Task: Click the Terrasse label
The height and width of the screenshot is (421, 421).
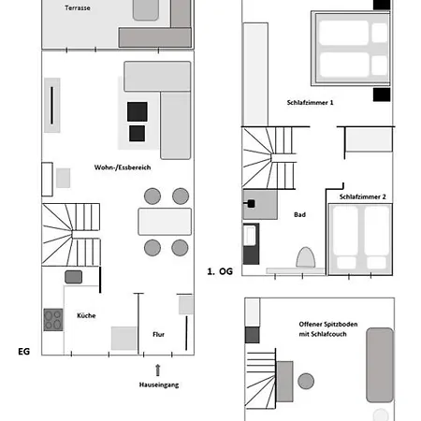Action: point(78,7)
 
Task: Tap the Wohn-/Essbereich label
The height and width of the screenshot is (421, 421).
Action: point(123,167)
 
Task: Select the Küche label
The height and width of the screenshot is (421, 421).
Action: point(86,315)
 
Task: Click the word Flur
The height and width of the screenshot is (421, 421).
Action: point(158,334)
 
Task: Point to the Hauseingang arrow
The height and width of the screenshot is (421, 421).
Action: point(158,370)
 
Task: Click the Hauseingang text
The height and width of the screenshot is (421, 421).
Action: point(159,385)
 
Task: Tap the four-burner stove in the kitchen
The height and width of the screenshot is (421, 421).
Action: point(53,320)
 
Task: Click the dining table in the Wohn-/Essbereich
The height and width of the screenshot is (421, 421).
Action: point(165,222)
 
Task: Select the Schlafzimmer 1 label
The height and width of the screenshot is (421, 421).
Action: point(310,102)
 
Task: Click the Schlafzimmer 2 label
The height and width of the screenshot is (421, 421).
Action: point(363,196)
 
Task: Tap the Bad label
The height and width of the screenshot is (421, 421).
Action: point(299,214)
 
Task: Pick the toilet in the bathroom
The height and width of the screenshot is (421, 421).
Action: point(306,257)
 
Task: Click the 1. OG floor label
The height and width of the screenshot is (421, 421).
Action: point(220,271)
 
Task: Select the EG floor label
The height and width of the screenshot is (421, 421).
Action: point(24,352)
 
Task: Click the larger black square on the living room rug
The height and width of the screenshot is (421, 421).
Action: point(138,111)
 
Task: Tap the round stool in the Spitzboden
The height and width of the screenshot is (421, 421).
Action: point(306,381)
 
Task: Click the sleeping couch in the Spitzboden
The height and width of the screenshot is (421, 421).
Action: point(380,365)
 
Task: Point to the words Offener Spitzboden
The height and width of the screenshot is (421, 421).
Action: point(328,325)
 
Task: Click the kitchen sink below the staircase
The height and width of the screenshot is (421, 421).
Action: point(74,277)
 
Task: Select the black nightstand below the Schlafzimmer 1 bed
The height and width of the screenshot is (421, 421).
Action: point(382,94)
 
